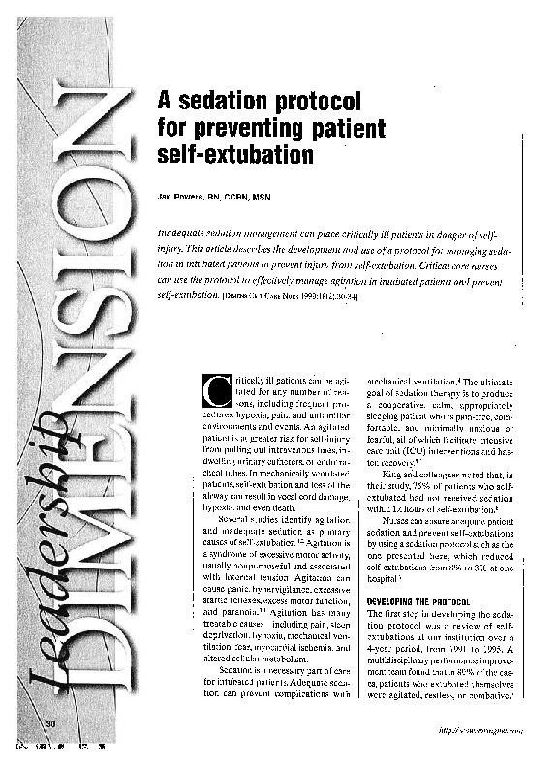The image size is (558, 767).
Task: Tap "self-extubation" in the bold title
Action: (x=236, y=153)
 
